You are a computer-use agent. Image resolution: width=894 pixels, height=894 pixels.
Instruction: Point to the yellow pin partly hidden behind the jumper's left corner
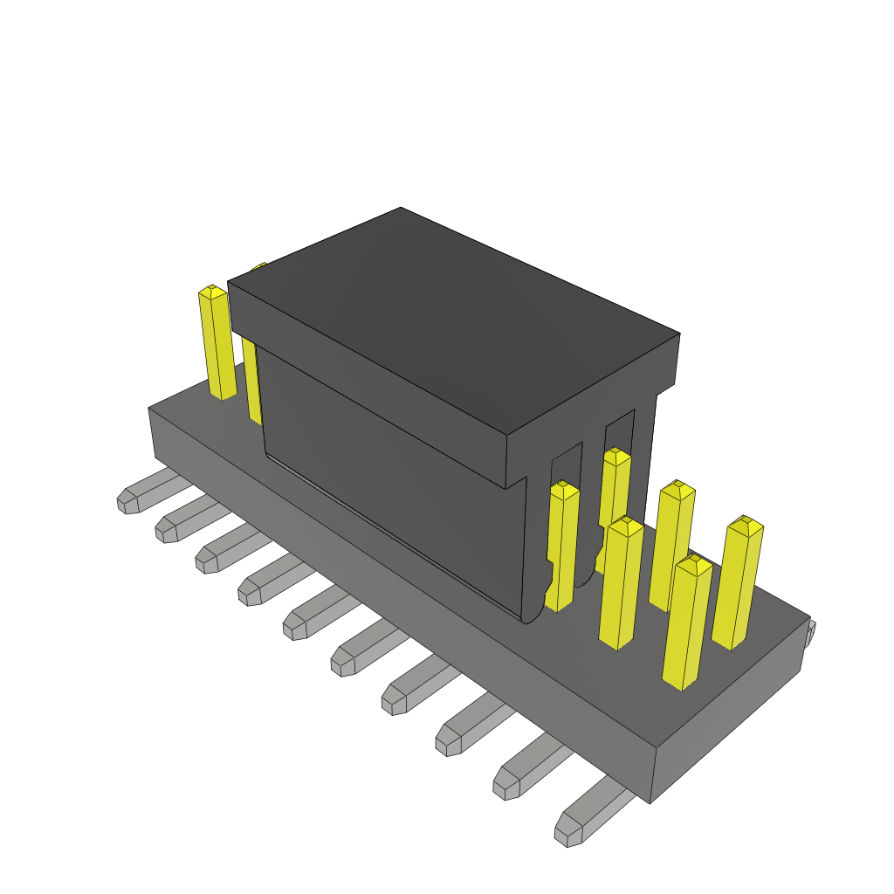pyautogui.click(x=251, y=384)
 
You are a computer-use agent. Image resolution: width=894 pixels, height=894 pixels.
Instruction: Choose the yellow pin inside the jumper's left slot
pyautogui.click(x=562, y=546)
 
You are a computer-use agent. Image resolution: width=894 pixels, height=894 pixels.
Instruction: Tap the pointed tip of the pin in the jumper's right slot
pyautogui.click(x=616, y=455)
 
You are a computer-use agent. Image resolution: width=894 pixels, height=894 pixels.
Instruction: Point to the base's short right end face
pyautogui.click(x=729, y=725)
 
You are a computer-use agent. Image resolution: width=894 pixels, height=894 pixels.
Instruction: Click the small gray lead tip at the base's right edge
pyautogui.click(x=810, y=632)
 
